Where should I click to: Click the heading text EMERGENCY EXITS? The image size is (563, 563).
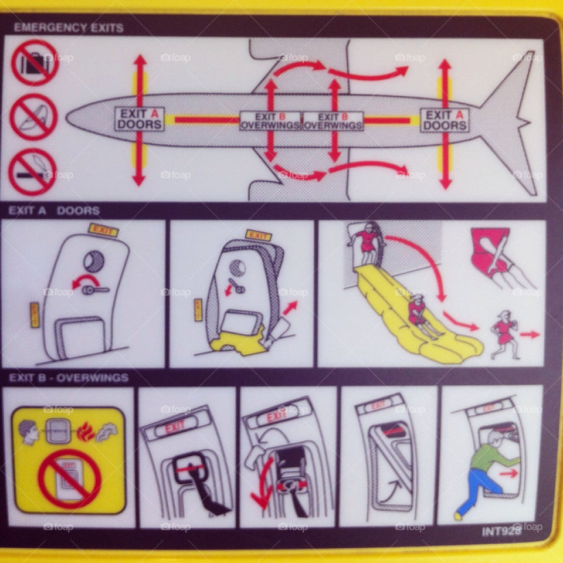(x=68, y=28)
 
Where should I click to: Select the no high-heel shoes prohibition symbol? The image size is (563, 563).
(x=33, y=117)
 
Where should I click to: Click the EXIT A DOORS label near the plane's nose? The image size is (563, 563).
(x=139, y=119)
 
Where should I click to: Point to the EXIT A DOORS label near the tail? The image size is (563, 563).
(x=445, y=120)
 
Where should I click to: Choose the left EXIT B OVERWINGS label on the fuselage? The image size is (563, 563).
(x=270, y=121)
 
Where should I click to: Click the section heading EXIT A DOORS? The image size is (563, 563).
(x=54, y=211)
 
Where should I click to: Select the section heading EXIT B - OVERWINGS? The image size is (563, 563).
(x=68, y=378)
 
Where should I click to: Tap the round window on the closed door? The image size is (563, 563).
(x=94, y=261)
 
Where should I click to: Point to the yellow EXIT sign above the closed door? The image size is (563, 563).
(x=103, y=230)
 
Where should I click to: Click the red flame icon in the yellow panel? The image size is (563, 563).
(x=85, y=431)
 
